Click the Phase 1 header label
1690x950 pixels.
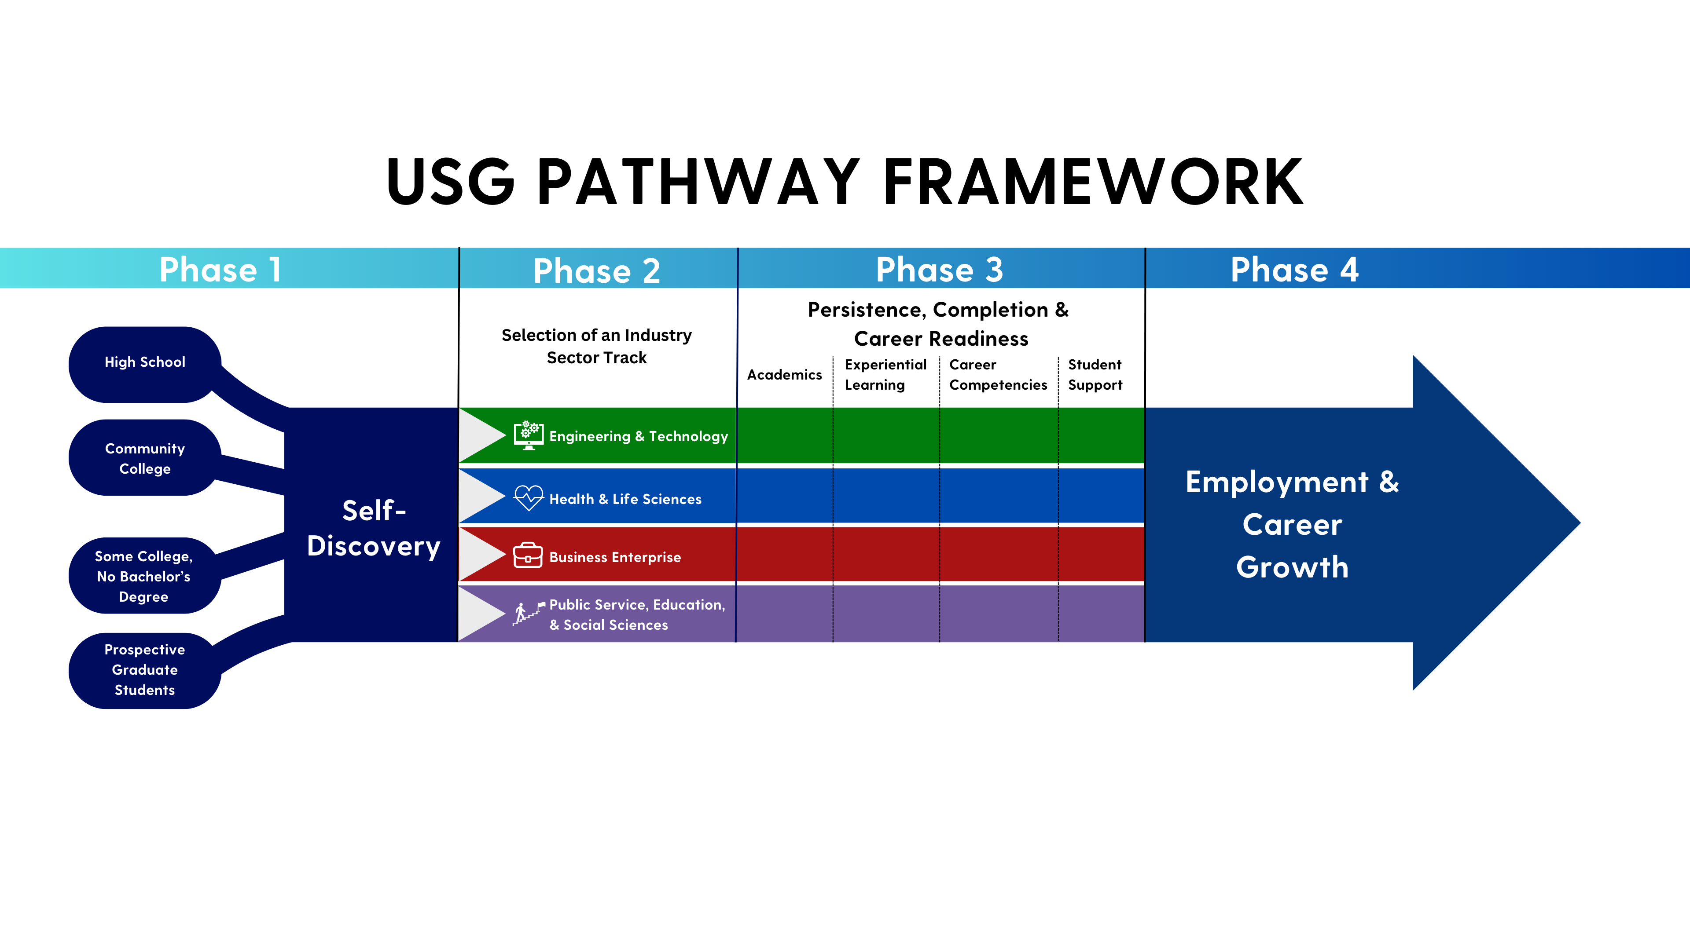(220, 270)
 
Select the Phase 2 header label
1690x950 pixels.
(596, 271)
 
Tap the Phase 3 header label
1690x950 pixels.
(940, 270)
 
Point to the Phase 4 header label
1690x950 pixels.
(1294, 270)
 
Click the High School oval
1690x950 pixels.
(145, 362)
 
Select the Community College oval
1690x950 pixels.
(145, 458)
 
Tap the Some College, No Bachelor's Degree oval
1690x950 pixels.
(143, 576)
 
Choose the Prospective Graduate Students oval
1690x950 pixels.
(145, 669)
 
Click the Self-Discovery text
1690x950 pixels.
(373, 528)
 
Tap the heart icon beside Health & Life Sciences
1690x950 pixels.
(528, 497)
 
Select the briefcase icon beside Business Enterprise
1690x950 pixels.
(528, 556)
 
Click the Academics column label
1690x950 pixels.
(784, 375)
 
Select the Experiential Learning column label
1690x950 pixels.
(885, 375)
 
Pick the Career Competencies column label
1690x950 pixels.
(997, 375)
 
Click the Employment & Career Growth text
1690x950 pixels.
(1292, 525)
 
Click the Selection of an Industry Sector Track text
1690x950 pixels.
(596, 346)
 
